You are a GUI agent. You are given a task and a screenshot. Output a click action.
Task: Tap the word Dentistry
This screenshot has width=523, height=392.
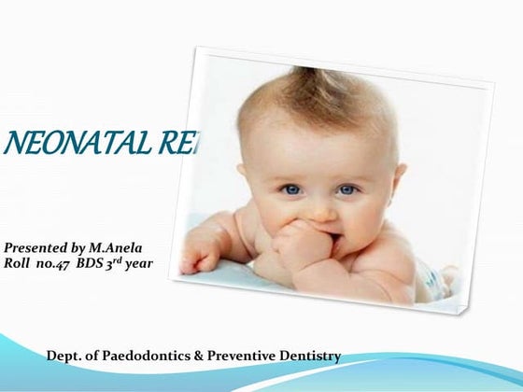(x=312, y=356)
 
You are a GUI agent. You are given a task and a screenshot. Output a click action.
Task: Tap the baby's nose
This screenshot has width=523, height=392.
(x=320, y=210)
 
